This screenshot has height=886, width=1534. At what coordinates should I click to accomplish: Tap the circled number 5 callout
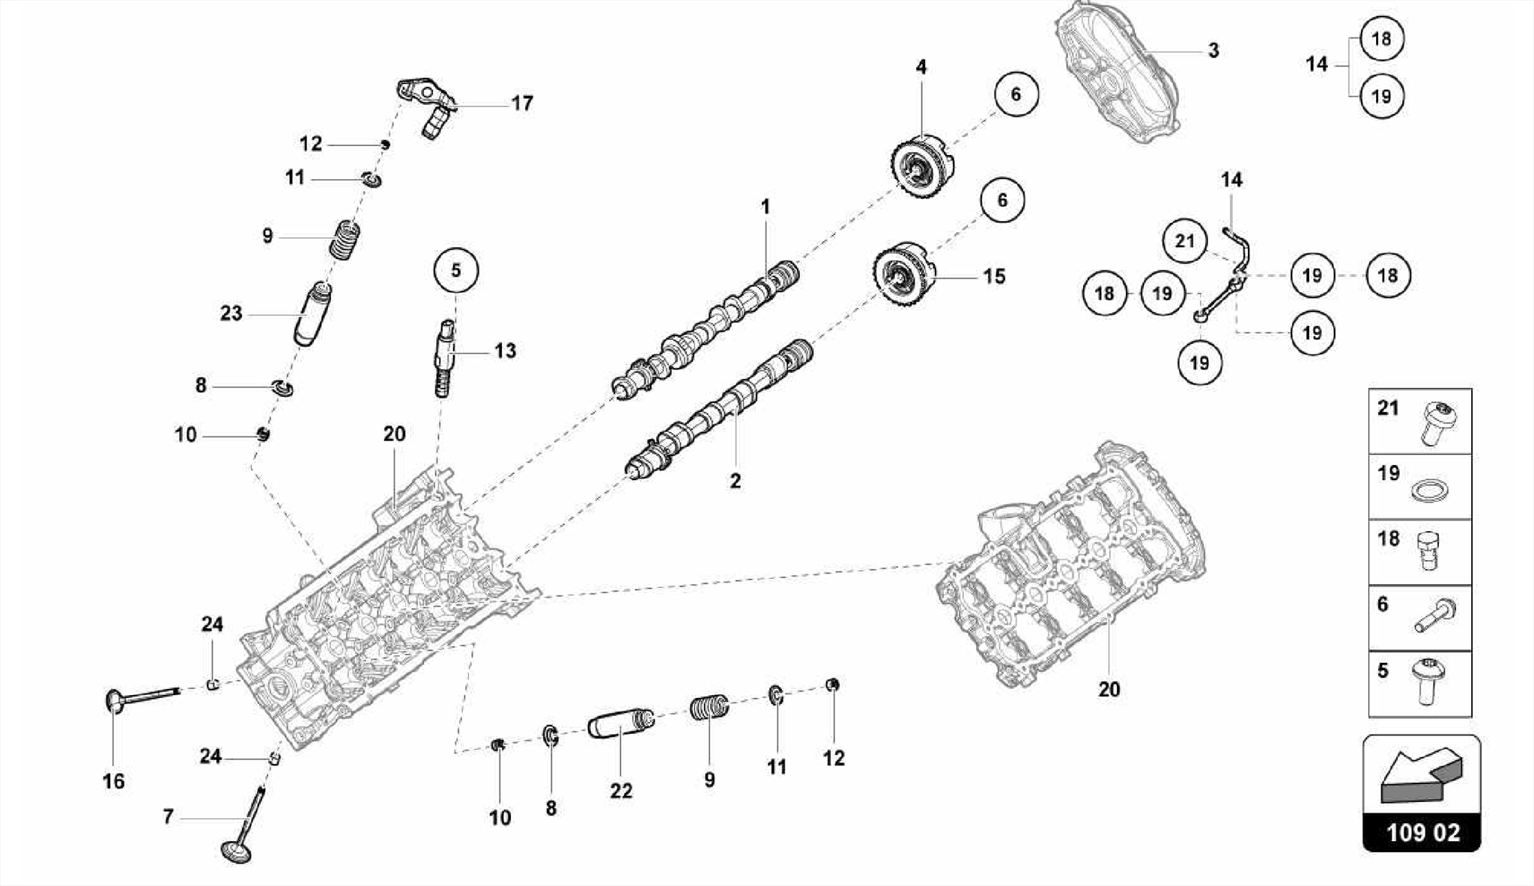tap(455, 270)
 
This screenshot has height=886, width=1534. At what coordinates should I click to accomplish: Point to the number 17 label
tap(522, 103)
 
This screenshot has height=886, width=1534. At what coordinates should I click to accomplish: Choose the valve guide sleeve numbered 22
tap(620, 723)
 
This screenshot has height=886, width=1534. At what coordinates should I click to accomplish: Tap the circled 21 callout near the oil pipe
tap(1184, 241)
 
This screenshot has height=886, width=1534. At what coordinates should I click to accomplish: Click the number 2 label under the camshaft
tap(735, 481)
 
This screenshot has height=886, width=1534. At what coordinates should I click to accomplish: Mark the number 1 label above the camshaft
tap(765, 206)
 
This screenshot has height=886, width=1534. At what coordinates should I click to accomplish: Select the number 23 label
tap(231, 313)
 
